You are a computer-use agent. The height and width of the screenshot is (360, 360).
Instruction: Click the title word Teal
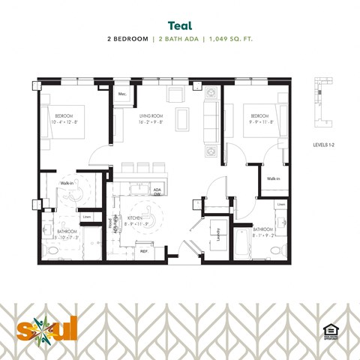click(x=180, y=25)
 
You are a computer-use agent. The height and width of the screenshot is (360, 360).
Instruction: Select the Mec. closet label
click(x=121, y=94)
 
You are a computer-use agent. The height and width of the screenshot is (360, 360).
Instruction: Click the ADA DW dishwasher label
click(x=157, y=193)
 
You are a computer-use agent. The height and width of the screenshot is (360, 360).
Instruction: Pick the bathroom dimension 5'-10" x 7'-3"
click(x=67, y=238)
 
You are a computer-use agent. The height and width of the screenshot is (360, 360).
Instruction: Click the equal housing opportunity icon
click(x=328, y=330)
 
